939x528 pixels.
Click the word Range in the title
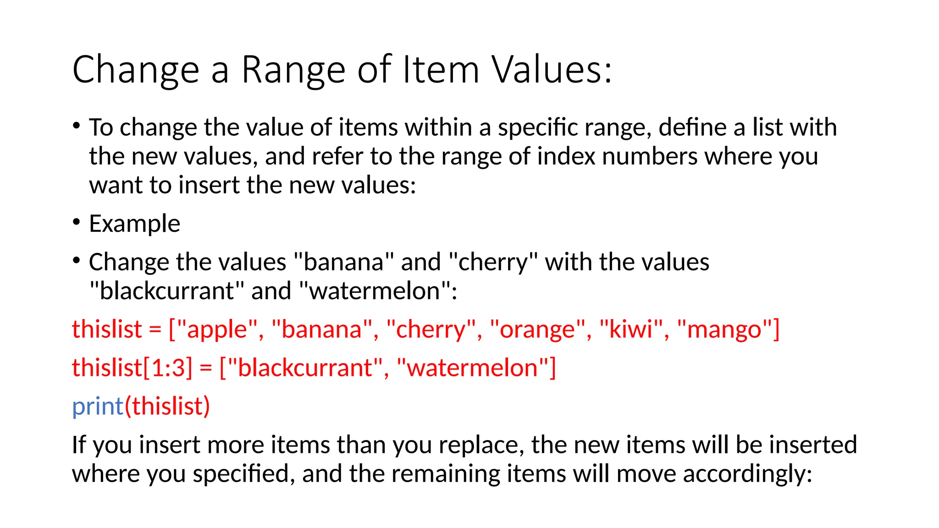click(293, 70)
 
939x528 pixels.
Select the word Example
click(134, 224)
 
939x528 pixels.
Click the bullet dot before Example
click(77, 222)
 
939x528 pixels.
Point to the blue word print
click(98, 406)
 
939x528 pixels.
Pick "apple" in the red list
click(217, 330)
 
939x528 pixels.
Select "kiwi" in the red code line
click(631, 330)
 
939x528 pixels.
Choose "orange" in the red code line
click(537, 330)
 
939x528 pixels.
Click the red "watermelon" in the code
click(472, 368)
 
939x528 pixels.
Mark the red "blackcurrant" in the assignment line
click(305, 368)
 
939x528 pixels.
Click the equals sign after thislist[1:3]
click(206, 368)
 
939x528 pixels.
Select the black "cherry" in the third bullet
click(493, 262)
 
